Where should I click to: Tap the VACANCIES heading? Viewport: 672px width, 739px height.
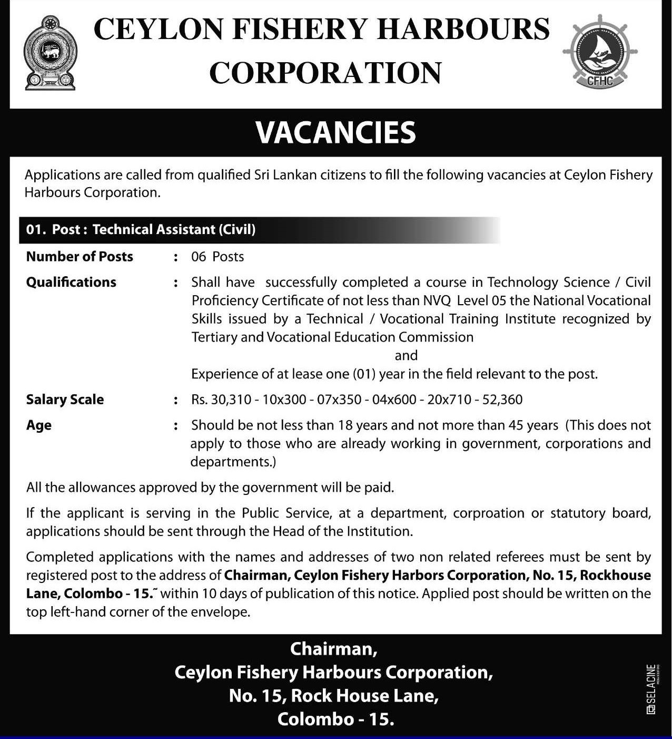pyautogui.click(x=336, y=132)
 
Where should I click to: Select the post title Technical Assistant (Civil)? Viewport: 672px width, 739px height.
pyautogui.click(x=174, y=229)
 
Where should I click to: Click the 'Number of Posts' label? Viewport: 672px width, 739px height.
pyautogui.click(x=80, y=257)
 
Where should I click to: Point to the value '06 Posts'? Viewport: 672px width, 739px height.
pyautogui.click(x=218, y=257)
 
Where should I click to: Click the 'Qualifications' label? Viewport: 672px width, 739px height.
pyautogui.click(x=71, y=283)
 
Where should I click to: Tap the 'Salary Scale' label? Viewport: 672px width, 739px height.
pyautogui.click(x=65, y=400)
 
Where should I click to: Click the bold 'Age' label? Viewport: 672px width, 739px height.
pyautogui.click(x=39, y=425)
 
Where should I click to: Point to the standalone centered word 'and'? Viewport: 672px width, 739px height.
pyautogui.click(x=406, y=355)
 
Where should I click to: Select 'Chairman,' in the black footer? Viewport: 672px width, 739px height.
pyautogui.click(x=333, y=649)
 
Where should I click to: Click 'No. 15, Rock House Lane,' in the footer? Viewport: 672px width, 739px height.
pyautogui.click(x=334, y=696)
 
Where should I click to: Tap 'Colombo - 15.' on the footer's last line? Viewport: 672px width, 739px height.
pyautogui.click(x=336, y=719)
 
